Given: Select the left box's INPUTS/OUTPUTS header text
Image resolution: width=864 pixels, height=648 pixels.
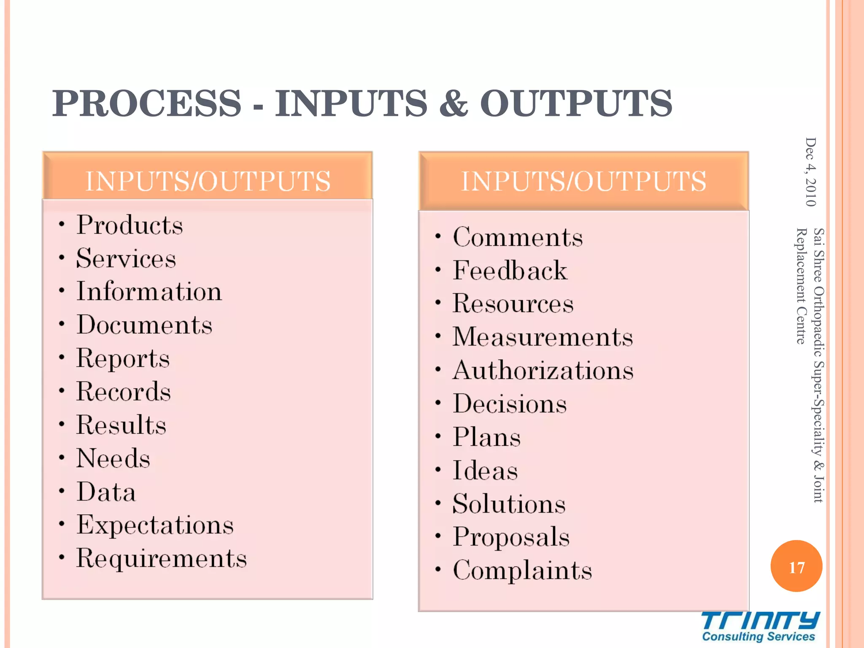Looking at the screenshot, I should click(208, 181).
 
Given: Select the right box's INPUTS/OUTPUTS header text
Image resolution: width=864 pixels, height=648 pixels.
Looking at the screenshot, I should click(583, 181).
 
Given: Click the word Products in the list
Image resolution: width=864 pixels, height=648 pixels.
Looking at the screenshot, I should click(130, 225).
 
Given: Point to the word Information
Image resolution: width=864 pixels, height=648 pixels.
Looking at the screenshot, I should click(149, 292).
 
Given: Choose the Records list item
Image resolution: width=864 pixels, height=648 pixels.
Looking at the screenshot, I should click(123, 391).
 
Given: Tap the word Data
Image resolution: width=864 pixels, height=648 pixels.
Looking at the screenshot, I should click(106, 492).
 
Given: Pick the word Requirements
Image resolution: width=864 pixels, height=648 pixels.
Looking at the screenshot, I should click(161, 559).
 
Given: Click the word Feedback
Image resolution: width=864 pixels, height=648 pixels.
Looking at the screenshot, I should click(510, 270).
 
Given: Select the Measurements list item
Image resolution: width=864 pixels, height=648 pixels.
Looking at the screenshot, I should click(543, 337).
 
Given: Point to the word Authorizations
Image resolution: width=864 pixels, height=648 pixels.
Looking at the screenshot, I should click(543, 370).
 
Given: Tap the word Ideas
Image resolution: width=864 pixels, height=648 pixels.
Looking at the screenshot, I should click(485, 470).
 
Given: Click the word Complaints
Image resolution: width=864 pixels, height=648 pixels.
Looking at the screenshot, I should click(522, 570).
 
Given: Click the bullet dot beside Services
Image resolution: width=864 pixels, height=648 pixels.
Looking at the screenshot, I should click(62, 257).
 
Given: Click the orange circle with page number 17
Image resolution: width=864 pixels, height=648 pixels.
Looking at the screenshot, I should click(796, 566).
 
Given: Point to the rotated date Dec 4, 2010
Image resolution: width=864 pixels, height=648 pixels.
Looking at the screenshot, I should click(810, 172).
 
